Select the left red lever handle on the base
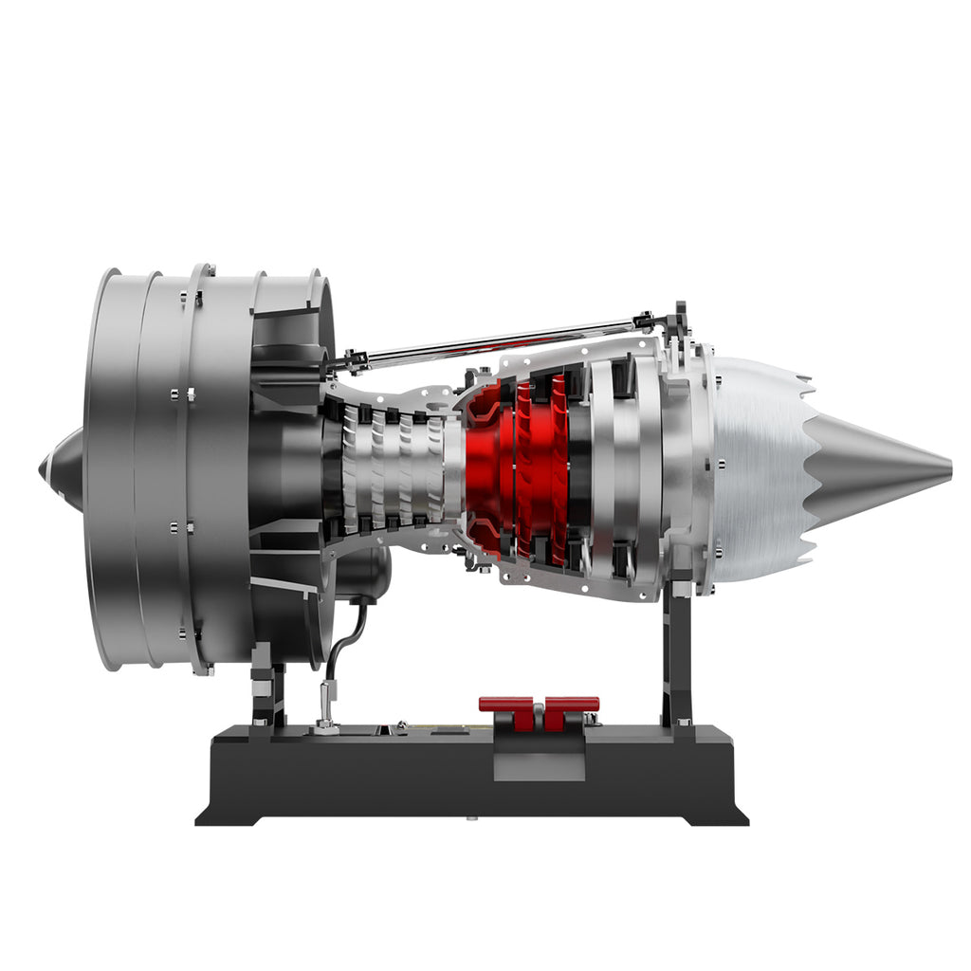coord(506,705)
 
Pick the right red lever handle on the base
coord(571,705)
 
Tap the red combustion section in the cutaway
coord(517,469)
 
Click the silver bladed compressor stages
coord(394,469)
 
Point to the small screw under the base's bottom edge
coord(469,815)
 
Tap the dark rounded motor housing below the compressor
coord(365,574)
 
